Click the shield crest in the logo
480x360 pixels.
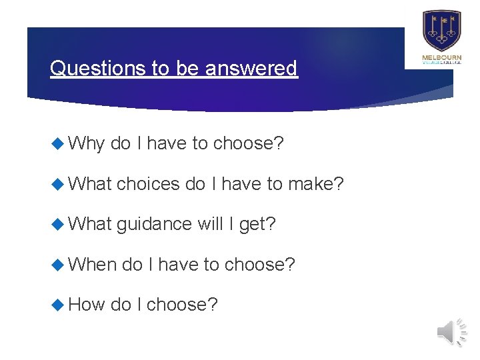click(x=441, y=31)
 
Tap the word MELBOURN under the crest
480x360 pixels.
click(x=441, y=59)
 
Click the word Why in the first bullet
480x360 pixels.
click(x=87, y=143)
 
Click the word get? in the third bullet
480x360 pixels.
click(x=257, y=224)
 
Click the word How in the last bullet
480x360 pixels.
click(x=87, y=305)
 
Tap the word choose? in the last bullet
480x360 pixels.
click(x=181, y=305)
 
